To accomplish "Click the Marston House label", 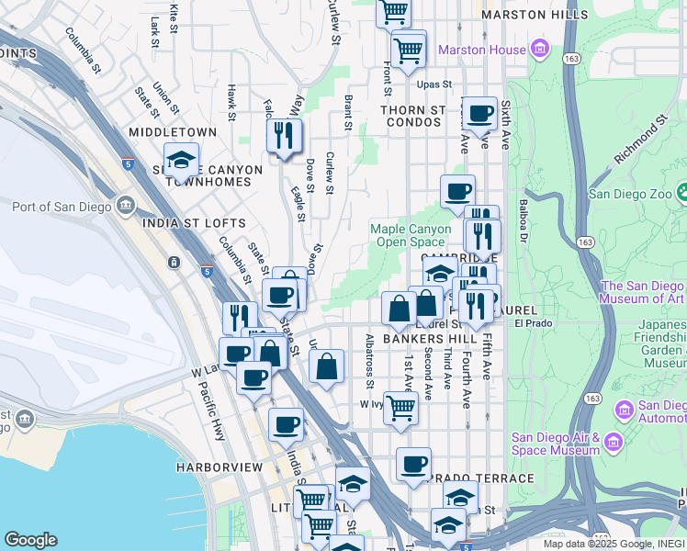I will click(x=482, y=49).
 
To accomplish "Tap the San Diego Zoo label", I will click(x=631, y=194).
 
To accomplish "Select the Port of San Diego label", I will click(x=61, y=206).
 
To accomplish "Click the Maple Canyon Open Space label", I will click(x=411, y=235).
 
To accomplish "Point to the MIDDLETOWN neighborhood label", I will click(x=173, y=132).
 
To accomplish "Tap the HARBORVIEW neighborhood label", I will click(x=220, y=467).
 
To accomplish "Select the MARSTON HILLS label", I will click(x=535, y=16).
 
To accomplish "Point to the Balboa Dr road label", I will click(x=524, y=215).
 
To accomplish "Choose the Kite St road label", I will click(x=174, y=18).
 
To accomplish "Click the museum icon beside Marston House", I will click(x=539, y=48).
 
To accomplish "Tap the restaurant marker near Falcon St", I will click(x=284, y=136).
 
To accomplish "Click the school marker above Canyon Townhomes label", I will click(x=181, y=161).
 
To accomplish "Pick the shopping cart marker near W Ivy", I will click(x=400, y=407).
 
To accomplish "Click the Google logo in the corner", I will click(x=30, y=540).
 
